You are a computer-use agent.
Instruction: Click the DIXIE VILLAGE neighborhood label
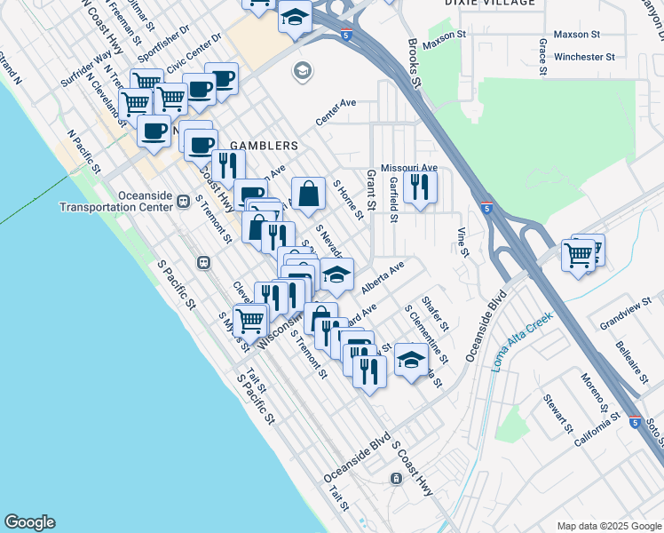[489, 3]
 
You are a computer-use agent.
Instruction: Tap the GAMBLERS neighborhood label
[264, 145]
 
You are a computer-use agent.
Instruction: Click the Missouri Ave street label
[409, 168]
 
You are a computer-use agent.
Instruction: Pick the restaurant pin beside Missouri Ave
[419, 187]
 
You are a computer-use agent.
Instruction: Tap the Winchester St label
[584, 57]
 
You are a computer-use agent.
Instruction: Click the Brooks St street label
[411, 63]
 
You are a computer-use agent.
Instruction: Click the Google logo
[29, 522]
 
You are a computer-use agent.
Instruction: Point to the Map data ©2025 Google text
[608, 526]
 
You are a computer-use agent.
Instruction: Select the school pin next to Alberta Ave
[336, 275]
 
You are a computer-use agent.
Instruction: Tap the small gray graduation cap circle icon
[303, 69]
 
